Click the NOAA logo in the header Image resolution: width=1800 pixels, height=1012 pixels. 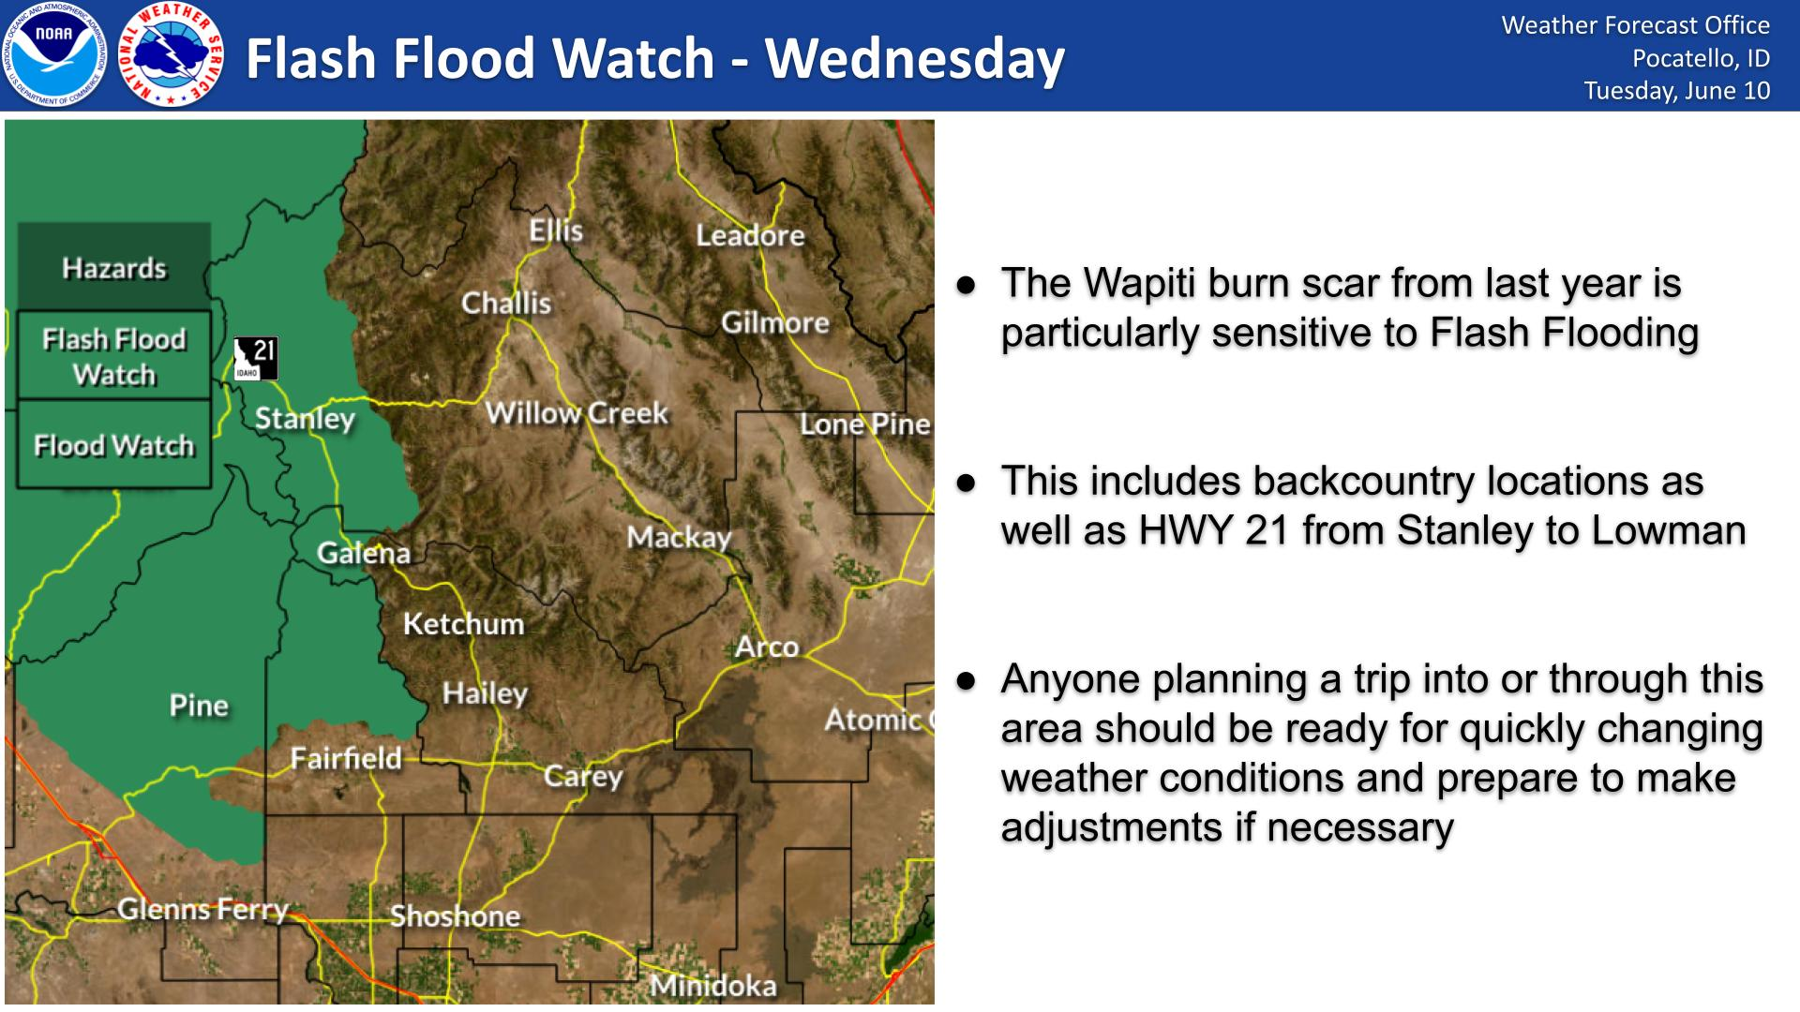tap(54, 54)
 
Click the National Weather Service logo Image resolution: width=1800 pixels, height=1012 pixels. tap(172, 54)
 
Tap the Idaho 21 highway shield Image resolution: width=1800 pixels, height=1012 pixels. tap(256, 358)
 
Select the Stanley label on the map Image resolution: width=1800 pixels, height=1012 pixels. tap(306, 418)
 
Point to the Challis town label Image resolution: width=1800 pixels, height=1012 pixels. tap(506, 303)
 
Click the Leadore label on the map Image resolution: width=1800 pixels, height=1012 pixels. tap(750, 234)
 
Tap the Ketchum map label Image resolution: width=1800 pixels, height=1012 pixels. tap(463, 623)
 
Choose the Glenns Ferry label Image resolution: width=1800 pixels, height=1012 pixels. tap(202, 909)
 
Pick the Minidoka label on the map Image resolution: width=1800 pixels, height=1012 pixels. tap(713, 986)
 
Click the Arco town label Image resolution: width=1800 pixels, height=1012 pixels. tap(767, 647)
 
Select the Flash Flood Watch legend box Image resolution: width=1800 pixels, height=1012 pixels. tap(113, 356)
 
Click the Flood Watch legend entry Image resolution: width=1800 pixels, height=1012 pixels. tap(113, 445)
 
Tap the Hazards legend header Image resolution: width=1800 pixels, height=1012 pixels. tap(113, 268)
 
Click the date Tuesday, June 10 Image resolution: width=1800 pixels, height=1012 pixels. tap(1677, 90)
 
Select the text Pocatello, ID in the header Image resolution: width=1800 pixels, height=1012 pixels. tap(1702, 58)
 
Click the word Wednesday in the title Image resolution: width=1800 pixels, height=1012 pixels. tap(915, 58)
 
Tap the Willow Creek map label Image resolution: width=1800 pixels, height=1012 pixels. tap(577, 412)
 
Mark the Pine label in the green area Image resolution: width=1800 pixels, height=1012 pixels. tap(199, 705)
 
